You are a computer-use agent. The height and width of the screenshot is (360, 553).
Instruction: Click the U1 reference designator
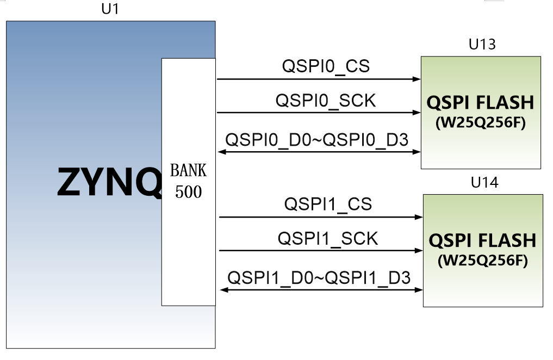(x=110, y=9)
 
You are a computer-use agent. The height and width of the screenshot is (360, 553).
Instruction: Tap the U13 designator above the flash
(x=482, y=45)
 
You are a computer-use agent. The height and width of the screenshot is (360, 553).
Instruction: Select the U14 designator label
(x=484, y=182)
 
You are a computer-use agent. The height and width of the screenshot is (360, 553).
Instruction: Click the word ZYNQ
(x=109, y=182)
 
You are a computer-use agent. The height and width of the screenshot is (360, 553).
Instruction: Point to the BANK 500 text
(x=188, y=181)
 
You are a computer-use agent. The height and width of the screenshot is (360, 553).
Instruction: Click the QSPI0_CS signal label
(x=326, y=66)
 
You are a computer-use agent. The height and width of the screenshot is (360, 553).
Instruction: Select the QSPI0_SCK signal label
(x=326, y=101)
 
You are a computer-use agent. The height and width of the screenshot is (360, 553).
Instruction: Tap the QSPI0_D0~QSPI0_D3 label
(x=316, y=140)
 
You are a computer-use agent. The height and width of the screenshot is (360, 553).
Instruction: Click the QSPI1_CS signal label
(x=328, y=204)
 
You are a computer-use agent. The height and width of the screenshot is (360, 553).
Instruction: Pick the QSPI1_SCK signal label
(x=328, y=239)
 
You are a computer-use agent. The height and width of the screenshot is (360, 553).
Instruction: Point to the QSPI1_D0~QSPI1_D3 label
(x=319, y=278)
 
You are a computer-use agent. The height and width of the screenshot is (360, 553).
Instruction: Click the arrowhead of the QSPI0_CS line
(x=417, y=79)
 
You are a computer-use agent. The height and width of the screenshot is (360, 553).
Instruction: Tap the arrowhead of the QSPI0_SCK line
(x=417, y=113)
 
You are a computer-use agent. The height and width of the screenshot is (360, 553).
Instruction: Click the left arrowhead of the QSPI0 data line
(x=222, y=152)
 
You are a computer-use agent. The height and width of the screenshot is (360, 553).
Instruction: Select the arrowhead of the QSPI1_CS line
(x=419, y=217)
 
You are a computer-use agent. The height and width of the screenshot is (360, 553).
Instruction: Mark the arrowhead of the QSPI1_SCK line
(x=419, y=250)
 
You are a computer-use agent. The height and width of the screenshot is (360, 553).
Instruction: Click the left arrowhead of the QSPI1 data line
(x=224, y=290)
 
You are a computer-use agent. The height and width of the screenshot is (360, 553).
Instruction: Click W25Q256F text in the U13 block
(x=481, y=123)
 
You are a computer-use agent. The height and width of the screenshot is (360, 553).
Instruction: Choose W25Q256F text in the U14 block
(x=483, y=260)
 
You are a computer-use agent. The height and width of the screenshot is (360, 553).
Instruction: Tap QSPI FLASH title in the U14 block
(x=482, y=240)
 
